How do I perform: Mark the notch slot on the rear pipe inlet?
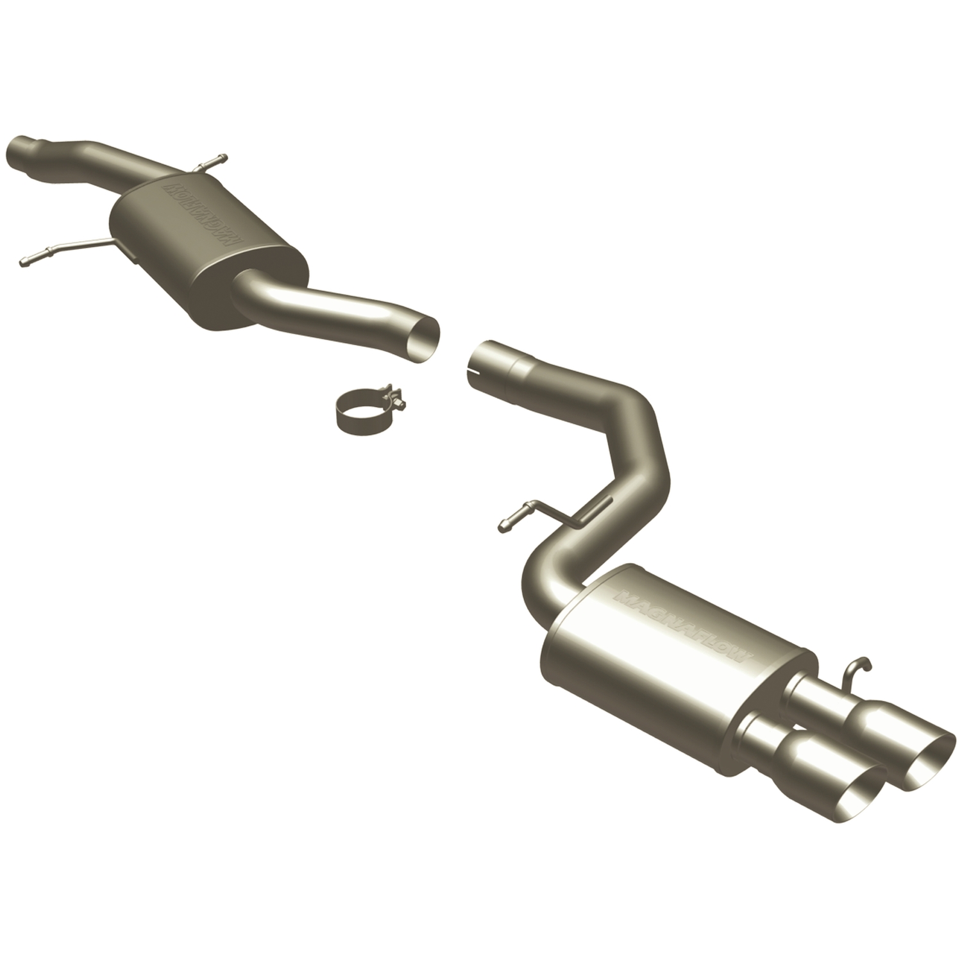[x=473, y=368]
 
